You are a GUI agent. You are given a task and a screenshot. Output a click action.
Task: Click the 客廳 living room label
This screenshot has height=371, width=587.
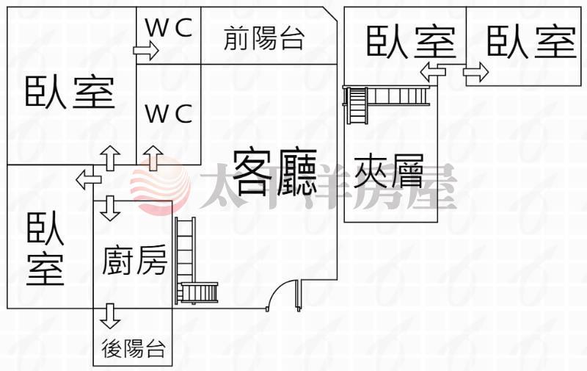point(275,170)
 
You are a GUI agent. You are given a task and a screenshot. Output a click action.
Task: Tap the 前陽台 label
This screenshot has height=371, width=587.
point(264,37)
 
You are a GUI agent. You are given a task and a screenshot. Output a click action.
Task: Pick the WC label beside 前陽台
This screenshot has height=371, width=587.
point(169,29)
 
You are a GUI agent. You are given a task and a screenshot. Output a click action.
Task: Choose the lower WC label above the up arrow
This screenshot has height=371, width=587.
point(169,114)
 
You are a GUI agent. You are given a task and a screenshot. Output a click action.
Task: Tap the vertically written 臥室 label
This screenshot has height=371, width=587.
point(45,250)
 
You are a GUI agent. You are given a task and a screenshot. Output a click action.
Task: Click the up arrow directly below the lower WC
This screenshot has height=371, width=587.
point(153,157)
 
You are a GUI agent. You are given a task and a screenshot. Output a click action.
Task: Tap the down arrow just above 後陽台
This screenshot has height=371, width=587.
point(111,315)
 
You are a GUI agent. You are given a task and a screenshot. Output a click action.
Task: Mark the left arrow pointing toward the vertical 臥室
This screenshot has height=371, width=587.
point(89,178)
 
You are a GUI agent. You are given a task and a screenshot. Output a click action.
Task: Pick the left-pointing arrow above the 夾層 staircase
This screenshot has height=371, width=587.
point(432,71)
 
